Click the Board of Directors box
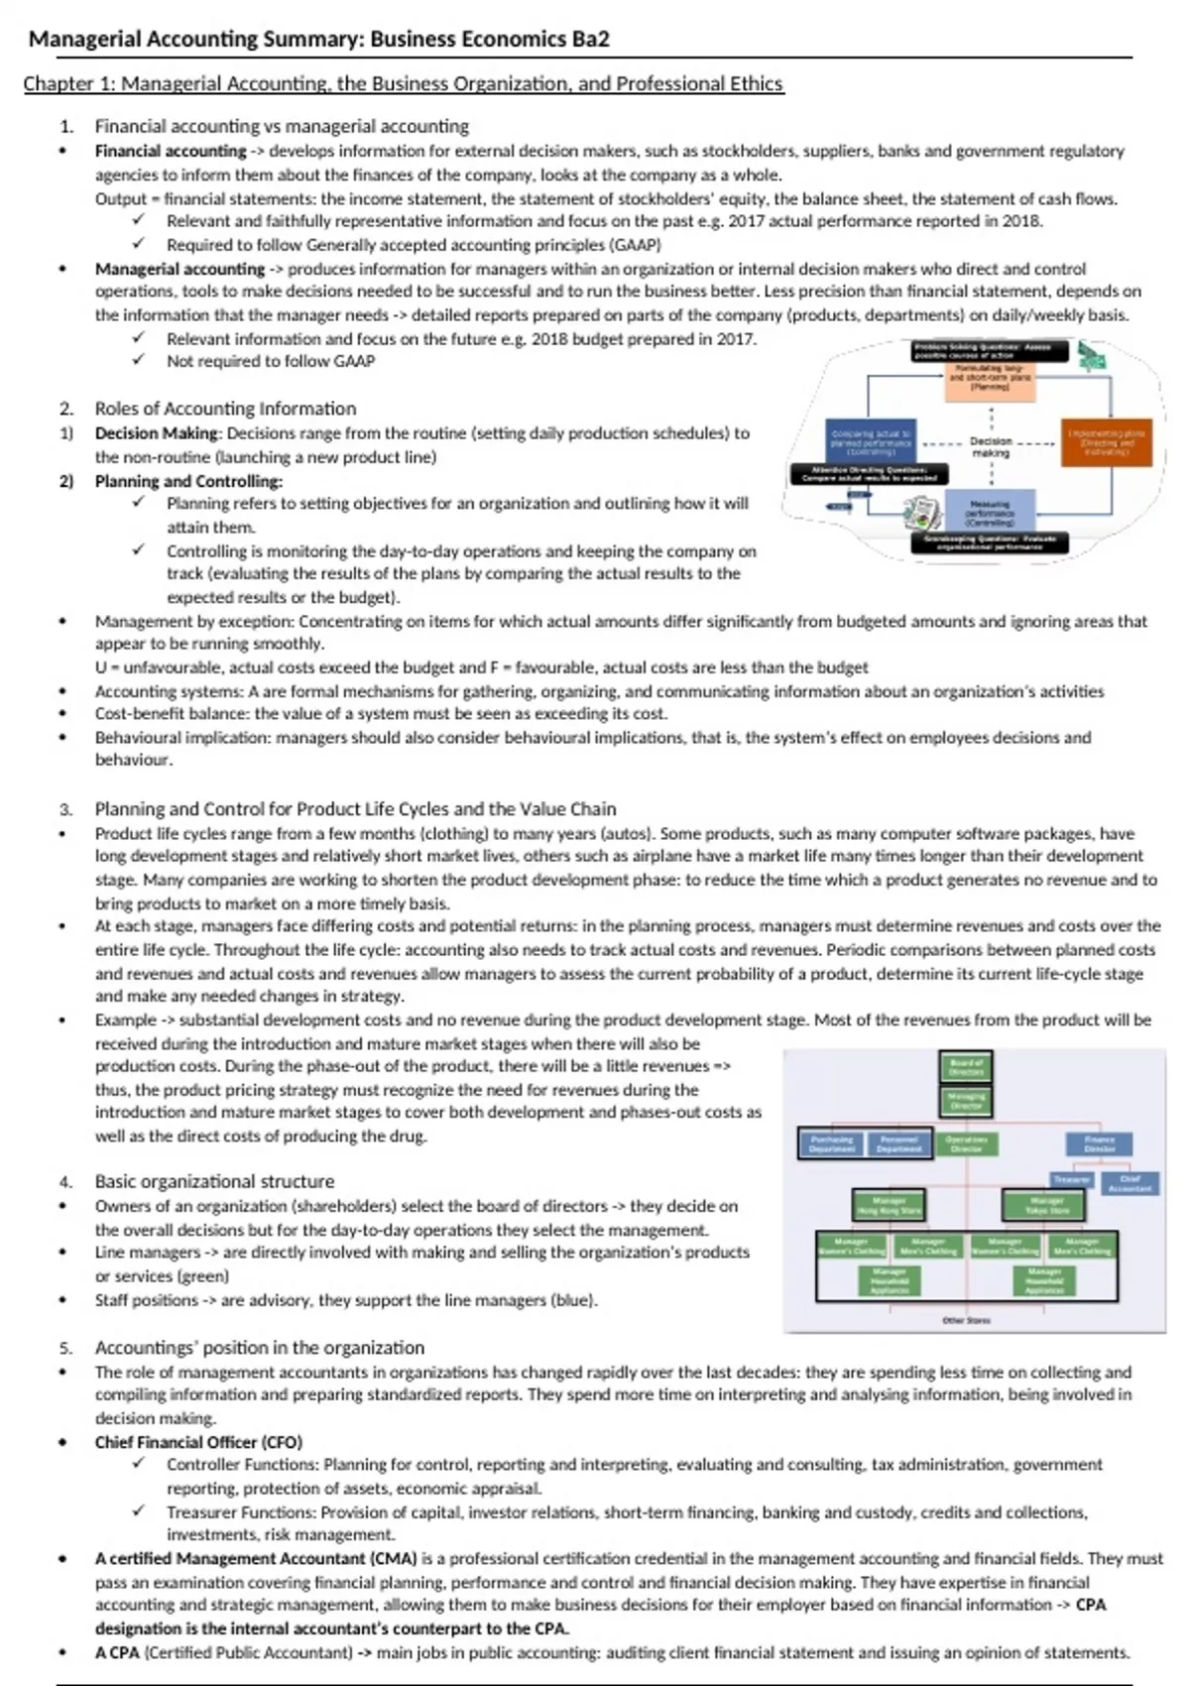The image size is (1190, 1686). pos(966,1067)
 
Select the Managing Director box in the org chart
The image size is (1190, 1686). pos(966,1101)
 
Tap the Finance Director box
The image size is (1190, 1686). pos(1099,1144)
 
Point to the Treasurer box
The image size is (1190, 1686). pos(1071,1179)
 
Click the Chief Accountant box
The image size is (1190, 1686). pos(1130,1183)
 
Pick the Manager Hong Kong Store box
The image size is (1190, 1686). pos(889,1205)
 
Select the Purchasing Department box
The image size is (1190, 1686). pos(832,1144)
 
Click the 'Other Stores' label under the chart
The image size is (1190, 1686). pos(965,1320)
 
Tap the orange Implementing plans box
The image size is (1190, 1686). pos(1106,442)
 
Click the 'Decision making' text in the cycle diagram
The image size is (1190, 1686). pos(991,446)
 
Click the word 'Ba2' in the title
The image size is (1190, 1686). pos(590,39)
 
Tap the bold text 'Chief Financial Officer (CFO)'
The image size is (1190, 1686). pos(198,1442)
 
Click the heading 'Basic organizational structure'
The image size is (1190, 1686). pos(214,1181)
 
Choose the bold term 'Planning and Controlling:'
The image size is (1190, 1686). pos(188,481)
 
